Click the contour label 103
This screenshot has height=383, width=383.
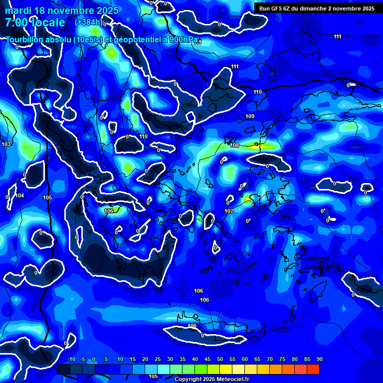(6, 144)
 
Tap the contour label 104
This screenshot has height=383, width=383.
(19, 195)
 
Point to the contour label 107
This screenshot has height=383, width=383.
(229, 211)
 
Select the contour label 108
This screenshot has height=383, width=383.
(235, 145)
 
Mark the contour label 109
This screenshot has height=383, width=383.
(250, 116)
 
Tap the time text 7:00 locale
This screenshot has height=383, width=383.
(35, 22)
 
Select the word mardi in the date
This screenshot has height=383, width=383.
(17, 10)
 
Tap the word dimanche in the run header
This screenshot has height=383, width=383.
(324, 8)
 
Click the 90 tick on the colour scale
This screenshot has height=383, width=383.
(319, 359)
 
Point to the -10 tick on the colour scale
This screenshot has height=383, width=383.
(71, 359)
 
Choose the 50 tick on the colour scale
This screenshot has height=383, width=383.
(220, 359)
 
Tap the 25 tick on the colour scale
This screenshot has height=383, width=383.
(158, 359)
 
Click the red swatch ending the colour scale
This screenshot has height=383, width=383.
(313, 369)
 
